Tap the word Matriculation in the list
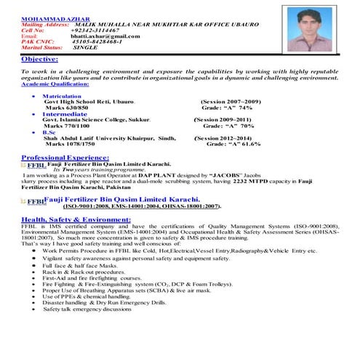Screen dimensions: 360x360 (x=62, y=96)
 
